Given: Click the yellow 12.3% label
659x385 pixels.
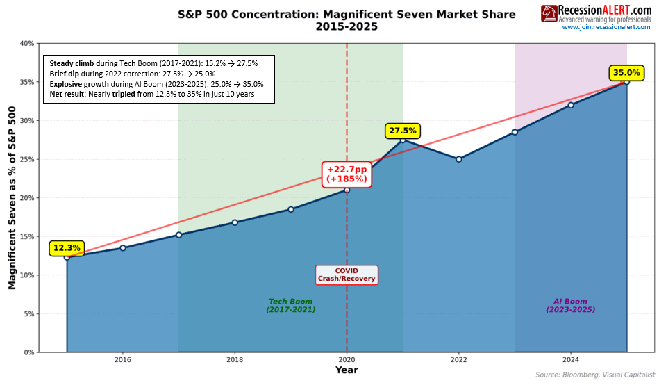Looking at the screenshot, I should tap(67, 247).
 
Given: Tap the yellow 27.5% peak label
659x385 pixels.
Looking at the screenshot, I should tap(402, 131).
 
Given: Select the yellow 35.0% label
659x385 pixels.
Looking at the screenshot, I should tap(626, 72).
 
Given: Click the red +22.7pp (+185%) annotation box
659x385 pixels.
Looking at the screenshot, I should tap(347, 174).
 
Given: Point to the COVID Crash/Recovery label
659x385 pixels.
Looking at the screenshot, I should tap(347, 275).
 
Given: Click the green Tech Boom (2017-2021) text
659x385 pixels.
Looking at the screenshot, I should tap(290, 306).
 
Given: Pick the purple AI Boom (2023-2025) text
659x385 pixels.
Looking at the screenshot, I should tap(571, 306).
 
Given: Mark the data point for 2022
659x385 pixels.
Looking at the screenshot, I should tap(458, 159).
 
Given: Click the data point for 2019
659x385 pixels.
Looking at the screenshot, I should tap(290, 209).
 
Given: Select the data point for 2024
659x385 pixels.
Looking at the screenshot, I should tap(571, 105).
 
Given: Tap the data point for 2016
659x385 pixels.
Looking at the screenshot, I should tap(123, 248).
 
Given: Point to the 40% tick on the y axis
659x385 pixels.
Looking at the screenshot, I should tap(26, 43).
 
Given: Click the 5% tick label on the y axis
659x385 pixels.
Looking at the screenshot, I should tap(28, 314).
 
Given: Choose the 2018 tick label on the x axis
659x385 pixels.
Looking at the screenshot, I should tap(235, 360).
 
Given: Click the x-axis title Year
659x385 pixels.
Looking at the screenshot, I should tap(347, 370).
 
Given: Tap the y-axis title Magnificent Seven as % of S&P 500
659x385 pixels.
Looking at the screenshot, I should tap(12, 198).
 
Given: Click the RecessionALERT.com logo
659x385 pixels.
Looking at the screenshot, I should tap(596, 13).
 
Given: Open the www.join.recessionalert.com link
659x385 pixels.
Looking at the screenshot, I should tap(606, 27).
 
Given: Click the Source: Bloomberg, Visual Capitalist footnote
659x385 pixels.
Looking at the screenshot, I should tap(594, 375).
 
